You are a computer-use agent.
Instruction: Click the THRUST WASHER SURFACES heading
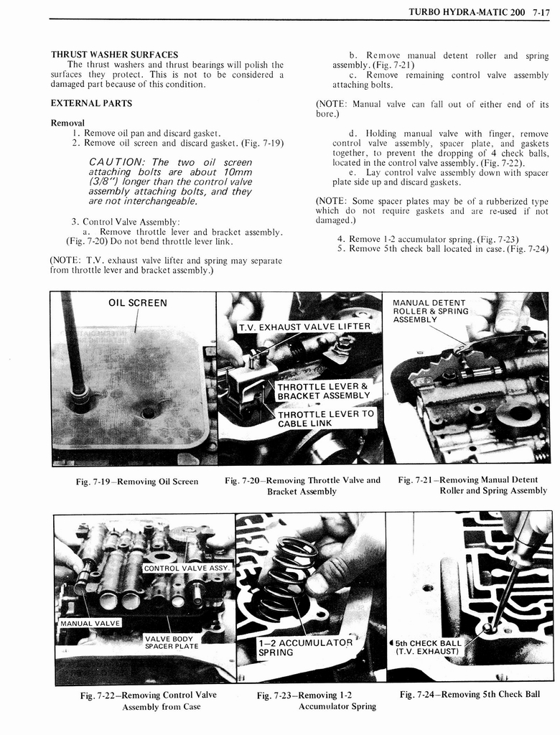[114, 55]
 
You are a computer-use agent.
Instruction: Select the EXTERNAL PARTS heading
[91, 103]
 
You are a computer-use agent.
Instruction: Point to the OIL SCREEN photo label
[137, 303]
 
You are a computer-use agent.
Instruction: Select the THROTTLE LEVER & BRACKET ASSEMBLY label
[323, 391]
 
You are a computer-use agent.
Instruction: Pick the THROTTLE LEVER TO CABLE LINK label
[325, 418]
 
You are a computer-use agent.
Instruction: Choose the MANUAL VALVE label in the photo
[90, 622]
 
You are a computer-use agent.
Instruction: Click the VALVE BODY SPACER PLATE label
[171, 642]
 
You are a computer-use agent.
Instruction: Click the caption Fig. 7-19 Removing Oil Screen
[136, 481]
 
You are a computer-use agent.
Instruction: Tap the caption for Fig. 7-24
[470, 694]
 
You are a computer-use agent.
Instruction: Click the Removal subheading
[67, 123]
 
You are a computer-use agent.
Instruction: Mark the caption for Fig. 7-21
[472, 485]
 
